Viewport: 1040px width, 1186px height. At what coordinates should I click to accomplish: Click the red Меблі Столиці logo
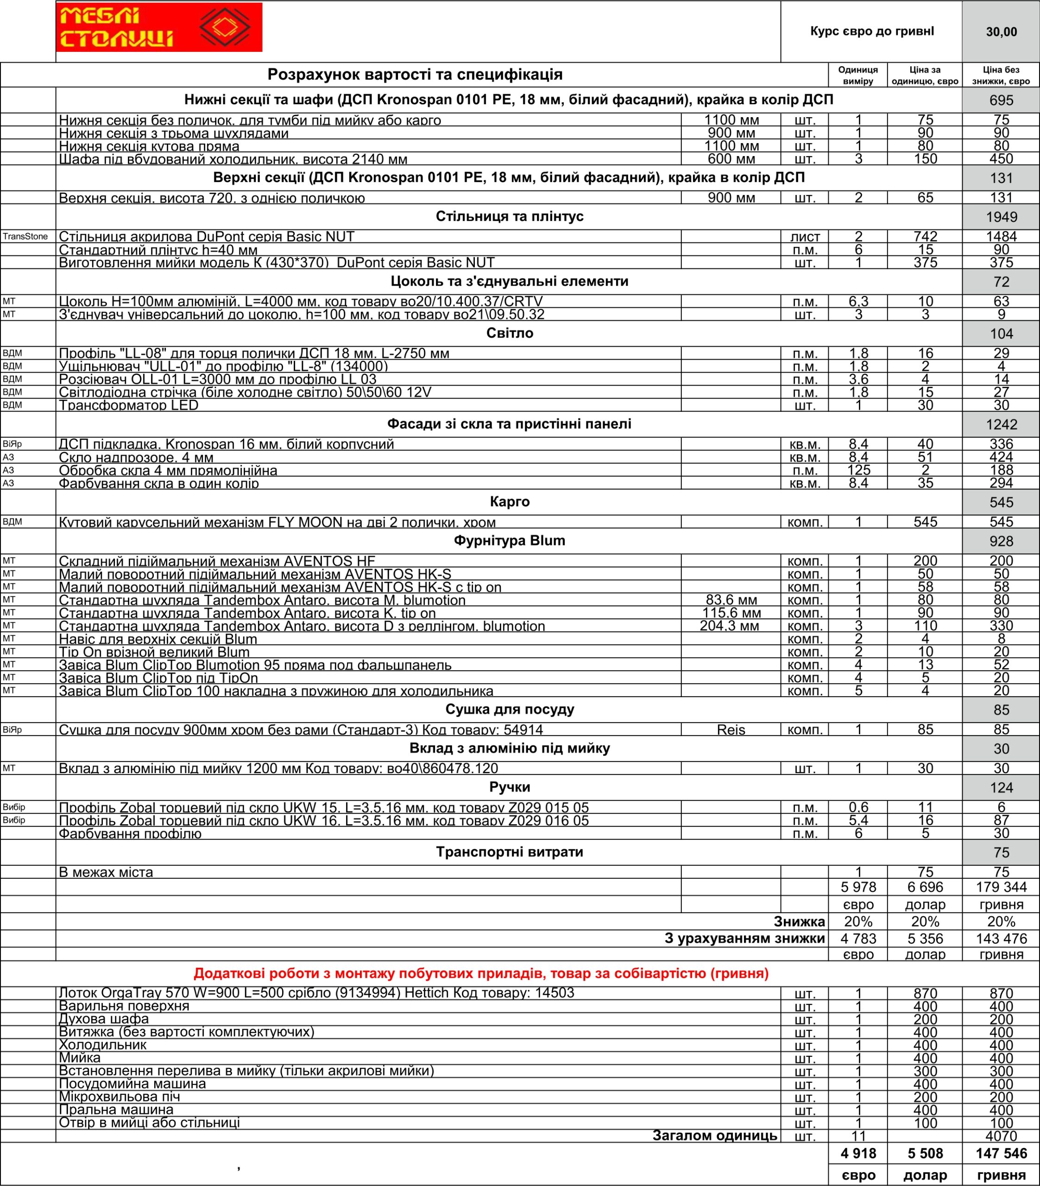point(158,27)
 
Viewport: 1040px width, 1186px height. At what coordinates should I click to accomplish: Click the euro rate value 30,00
point(1001,32)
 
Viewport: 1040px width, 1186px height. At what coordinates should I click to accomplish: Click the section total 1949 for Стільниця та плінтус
point(1001,217)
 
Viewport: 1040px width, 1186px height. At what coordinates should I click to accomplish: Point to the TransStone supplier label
point(25,237)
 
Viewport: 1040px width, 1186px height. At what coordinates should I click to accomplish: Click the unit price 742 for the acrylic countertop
point(925,237)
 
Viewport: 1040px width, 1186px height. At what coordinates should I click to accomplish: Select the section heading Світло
point(509,334)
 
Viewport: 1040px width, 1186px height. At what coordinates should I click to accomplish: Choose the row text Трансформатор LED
point(129,405)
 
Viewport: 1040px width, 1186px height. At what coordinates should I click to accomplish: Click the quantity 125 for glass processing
point(858,470)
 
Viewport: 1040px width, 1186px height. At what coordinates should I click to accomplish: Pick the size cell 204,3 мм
point(730,626)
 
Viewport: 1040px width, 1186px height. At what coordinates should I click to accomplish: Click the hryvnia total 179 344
point(1001,887)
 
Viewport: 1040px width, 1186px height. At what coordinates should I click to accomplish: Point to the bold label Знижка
point(799,922)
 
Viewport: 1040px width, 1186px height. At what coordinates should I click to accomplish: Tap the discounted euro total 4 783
point(858,939)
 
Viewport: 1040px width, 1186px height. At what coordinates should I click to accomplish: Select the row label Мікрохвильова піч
point(120,1097)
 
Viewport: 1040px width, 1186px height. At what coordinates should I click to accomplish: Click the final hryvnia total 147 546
point(1001,1154)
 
